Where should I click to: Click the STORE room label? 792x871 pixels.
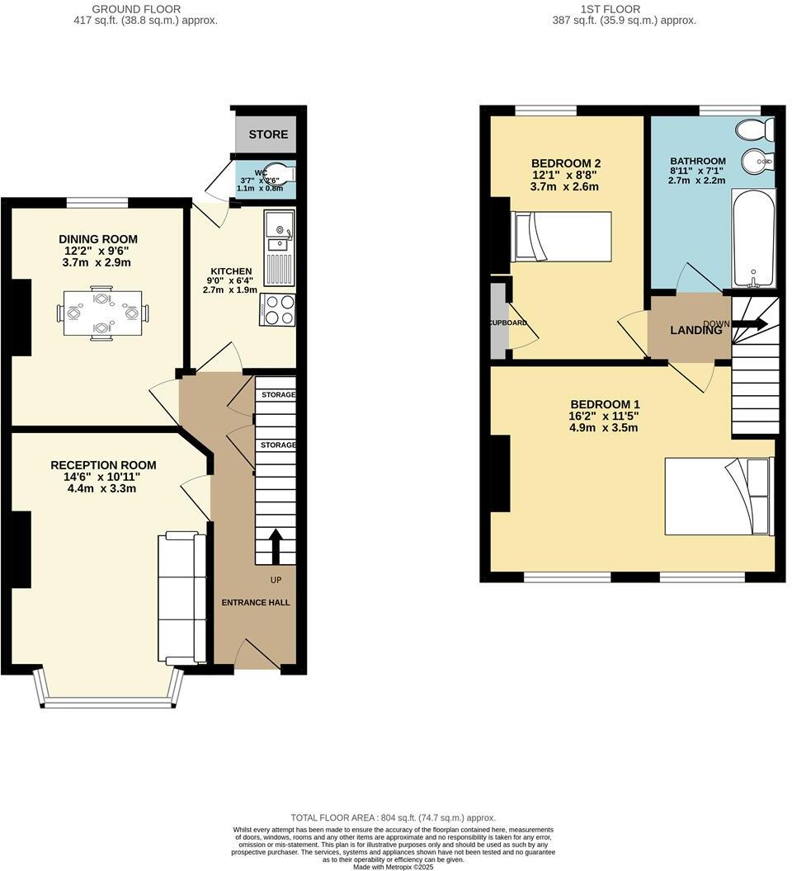(x=268, y=134)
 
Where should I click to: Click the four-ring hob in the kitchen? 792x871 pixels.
(x=278, y=310)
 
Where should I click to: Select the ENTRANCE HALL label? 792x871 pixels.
(x=255, y=603)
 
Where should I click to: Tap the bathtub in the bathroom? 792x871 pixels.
(x=753, y=237)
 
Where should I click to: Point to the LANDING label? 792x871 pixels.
(x=695, y=331)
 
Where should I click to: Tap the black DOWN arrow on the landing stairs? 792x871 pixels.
(x=751, y=323)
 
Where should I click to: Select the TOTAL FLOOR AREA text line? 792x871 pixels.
(x=393, y=817)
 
